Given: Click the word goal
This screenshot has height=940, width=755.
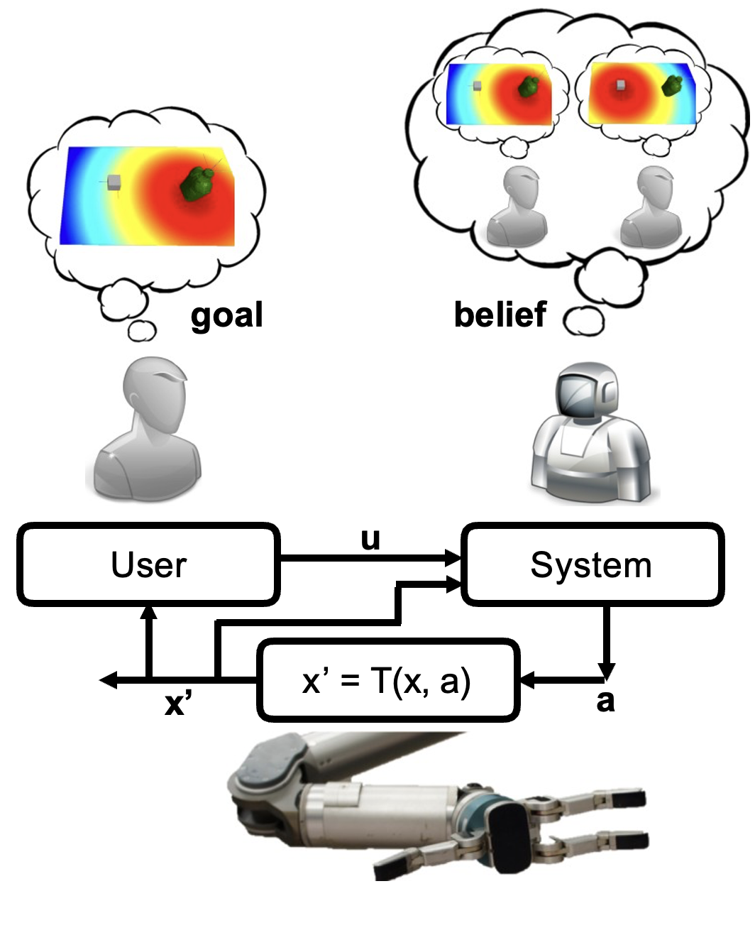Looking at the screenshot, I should pos(226,315).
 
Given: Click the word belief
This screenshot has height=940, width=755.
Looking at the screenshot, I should pos(500,315).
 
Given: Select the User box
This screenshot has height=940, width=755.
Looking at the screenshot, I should pos(148,564).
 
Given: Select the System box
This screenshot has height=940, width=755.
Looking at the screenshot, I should pos(592,564).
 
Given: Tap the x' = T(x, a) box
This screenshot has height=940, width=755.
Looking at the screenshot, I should pos(387,680).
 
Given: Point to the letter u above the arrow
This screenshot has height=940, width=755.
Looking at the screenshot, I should pos(370,539).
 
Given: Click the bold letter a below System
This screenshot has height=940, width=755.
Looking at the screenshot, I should pos(605,701).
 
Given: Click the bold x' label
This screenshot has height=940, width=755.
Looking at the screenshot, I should pos(178,703).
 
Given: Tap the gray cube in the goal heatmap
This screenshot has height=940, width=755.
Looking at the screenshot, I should pos(114,182).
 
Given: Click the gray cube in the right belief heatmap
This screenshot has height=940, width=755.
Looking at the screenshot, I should pos(621,86).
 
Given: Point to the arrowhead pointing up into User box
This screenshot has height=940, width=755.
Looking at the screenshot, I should pos(148,612).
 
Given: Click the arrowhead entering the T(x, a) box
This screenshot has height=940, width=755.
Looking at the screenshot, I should pos(527,680).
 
